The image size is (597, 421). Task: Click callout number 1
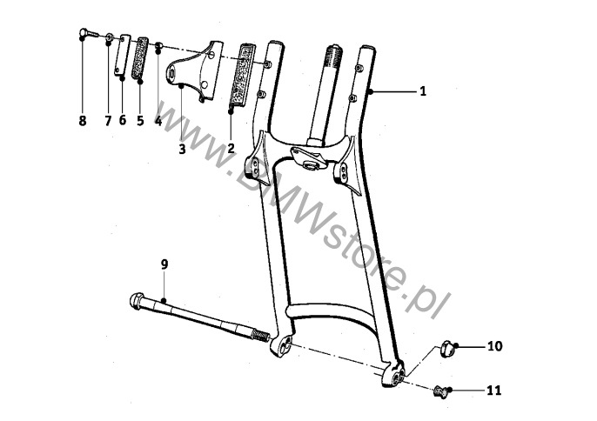click(423, 91)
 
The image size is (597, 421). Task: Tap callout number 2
click(231, 147)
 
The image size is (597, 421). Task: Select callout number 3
click(182, 150)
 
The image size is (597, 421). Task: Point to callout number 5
click(140, 121)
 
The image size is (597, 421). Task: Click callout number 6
click(122, 120)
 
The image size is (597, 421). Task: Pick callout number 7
click(108, 121)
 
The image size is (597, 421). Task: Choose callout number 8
click(83, 121)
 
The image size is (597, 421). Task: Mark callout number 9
click(164, 264)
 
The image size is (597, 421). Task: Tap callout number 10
click(495, 346)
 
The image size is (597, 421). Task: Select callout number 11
click(494, 391)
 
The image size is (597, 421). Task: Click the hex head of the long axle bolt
click(137, 301)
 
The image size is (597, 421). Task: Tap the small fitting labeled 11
click(440, 391)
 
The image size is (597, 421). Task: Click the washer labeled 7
click(109, 37)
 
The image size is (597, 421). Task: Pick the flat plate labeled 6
click(122, 55)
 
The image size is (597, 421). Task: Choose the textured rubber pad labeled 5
click(140, 58)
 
